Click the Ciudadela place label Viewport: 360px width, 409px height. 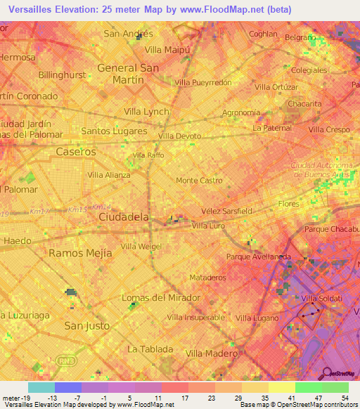124,217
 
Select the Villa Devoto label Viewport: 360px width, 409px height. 180,136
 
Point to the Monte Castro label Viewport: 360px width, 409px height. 199,181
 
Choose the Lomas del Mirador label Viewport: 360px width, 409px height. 161,297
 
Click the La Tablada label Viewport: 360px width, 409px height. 150,349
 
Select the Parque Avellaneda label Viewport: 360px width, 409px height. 259,257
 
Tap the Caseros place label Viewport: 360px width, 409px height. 75,152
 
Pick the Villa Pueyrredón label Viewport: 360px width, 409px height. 202,82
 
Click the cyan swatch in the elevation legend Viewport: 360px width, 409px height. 41,387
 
